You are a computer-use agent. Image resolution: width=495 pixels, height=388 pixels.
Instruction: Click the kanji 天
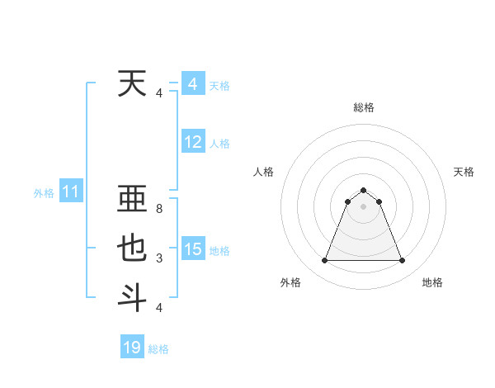coord(132,84)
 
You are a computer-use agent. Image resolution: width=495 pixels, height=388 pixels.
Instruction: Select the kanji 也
coord(132,249)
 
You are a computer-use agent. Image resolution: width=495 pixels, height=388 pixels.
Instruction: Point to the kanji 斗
coord(132,297)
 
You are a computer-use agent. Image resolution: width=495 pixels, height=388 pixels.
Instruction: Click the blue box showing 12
coord(193,142)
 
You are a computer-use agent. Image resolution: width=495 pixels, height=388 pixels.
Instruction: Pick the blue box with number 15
coord(193,249)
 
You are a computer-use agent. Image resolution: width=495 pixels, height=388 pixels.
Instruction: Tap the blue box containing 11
coord(70,192)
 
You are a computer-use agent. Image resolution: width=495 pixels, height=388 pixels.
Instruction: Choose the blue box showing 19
coord(132,348)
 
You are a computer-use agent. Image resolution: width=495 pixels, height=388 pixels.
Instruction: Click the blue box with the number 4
coord(193,84)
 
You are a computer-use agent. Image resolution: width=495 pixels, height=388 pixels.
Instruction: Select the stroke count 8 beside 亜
coord(158,210)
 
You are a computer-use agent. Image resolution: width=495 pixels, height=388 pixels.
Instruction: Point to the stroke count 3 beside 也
coord(158,258)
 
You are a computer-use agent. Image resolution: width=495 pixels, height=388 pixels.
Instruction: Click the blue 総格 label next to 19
coord(158,349)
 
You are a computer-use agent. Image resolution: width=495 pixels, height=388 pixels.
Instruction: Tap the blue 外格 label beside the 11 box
coord(44,193)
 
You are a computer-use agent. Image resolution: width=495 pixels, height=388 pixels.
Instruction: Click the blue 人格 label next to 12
coord(219,144)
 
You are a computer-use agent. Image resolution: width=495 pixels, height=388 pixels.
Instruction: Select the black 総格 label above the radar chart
coord(363,107)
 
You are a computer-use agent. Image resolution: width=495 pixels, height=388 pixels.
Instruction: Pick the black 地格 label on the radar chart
coord(432,282)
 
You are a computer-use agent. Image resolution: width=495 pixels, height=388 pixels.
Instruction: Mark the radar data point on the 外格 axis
coord(324,261)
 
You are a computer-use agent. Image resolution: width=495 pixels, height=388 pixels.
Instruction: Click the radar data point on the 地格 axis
coord(403,261)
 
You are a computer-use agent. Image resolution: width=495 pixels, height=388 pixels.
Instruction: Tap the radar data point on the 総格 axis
coord(363,190)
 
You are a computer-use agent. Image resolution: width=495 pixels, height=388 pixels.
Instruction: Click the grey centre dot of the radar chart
coord(363,206)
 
